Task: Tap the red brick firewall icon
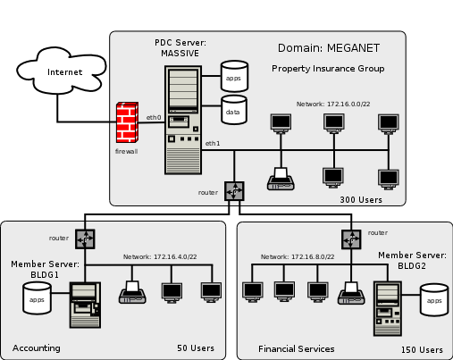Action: [x=129, y=122]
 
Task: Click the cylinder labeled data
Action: [x=233, y=112]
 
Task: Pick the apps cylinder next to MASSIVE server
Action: [x=233, y=77]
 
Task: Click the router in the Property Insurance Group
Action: [x=234, y=191]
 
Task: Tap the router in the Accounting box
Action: [x=85, y=239]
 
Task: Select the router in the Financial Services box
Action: [x=350, y=239]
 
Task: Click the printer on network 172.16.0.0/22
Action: [x=281, y=179]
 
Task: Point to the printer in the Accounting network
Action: [x=132, y=293]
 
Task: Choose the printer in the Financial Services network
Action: [x=349, y=293]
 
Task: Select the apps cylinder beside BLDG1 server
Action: [x=37, y=299]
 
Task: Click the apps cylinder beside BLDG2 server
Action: [x=433, y=300]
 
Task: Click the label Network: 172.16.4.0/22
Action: [x=159, y=257]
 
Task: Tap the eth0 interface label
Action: [x=154, y=117]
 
